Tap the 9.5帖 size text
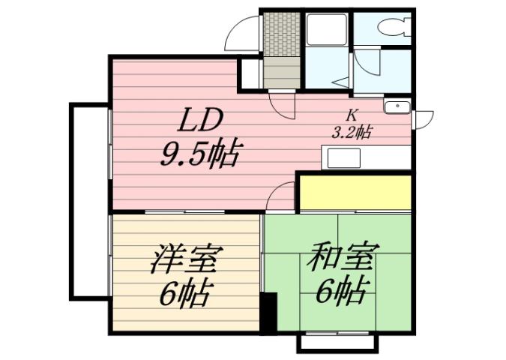point(199,155)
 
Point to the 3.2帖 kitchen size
point(352,133)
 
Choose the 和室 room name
point(340,258)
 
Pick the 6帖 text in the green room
point(342,289)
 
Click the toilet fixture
point(394,28)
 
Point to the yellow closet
point(355,193)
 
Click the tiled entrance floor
point(282,33)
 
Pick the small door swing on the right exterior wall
point(424,118)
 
